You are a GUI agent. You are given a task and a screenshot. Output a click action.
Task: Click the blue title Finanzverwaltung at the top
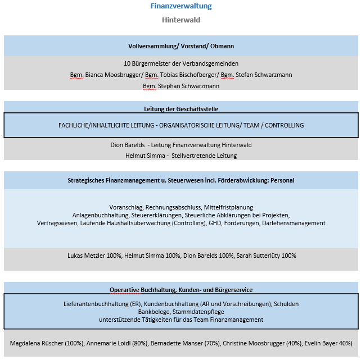click(181, 7)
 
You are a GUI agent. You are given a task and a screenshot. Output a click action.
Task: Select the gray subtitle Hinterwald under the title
click(181, 20)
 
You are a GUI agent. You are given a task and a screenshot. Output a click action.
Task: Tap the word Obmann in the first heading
click(222, 46)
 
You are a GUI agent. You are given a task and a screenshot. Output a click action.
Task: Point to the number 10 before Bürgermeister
click(127, 63)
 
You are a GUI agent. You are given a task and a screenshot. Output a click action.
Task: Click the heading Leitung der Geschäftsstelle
click(181, 109)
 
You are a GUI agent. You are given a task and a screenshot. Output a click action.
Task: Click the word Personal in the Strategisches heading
click(281, 180)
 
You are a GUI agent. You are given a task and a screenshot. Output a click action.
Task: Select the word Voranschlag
click(127, 207)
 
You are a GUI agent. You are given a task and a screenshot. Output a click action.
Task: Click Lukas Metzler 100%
click(94, 256)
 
